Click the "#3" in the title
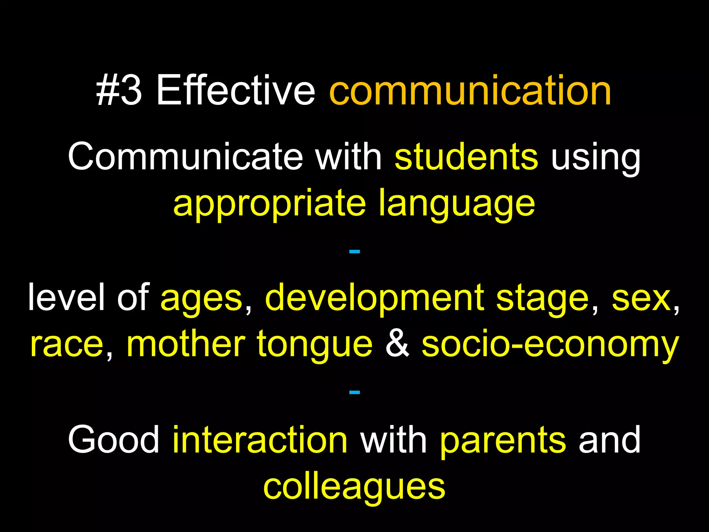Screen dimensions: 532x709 coord(119,91)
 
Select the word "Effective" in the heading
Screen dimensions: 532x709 coord(235,91)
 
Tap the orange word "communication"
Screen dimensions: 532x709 coord(470,91)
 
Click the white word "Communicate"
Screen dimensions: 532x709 coord(185,157)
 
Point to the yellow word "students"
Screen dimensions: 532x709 coord(466,157)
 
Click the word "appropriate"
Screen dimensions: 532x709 coord(269,204)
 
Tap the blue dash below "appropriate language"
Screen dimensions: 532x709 coord(354,251)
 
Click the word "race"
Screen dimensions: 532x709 coord(67,345)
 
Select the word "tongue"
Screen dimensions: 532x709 coord(315,345)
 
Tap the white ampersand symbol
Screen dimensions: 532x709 coord(397,344)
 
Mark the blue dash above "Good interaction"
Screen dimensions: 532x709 coord(354,392)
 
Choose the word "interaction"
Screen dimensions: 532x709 coord(260,440)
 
